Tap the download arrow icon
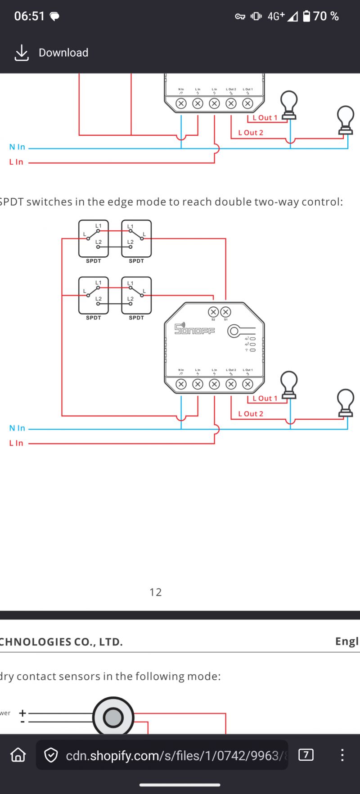pos(21,53)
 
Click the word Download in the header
pos(63,53)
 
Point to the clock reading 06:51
pos(29,16)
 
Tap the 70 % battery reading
pos(326,16)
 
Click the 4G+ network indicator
pos(276,16)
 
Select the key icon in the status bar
pos(240,17)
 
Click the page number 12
pos(155,592)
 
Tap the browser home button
pos(18,755)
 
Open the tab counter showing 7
pos(306,754)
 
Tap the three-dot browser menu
pos(342,754)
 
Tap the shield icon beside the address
pos(51,755)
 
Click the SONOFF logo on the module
pos(194,329)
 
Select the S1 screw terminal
pos(226,312)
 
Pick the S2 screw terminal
pos(213,312)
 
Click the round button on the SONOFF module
pos(234,332)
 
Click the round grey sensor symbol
pos(113,718)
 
